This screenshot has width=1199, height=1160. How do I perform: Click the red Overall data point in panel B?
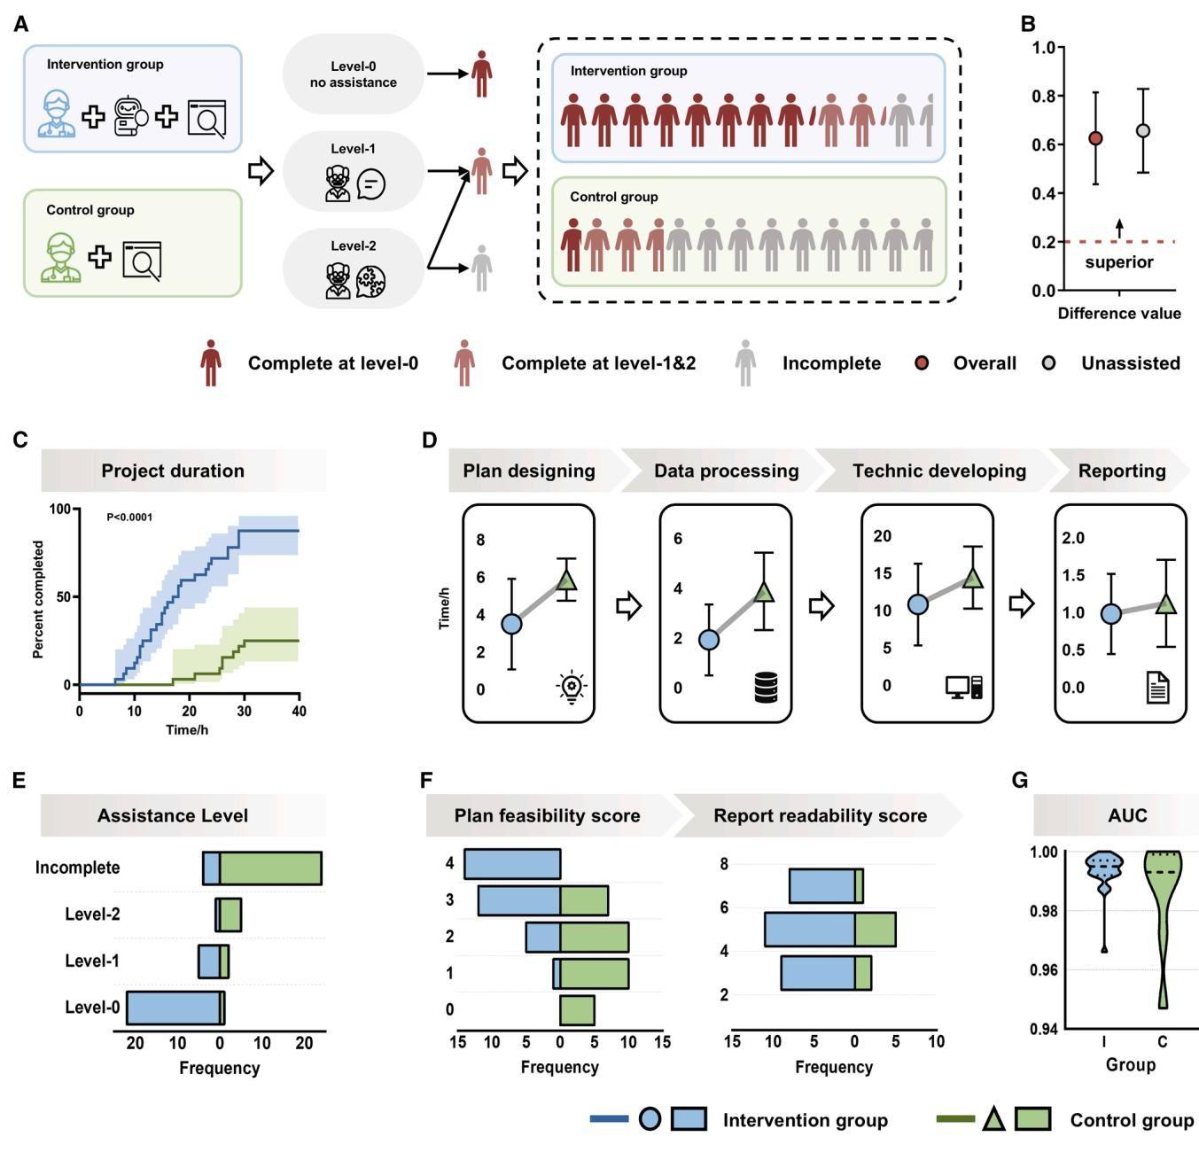click(x=1095, y=138)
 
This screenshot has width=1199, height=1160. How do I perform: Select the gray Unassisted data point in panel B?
click(x=1143, y=131)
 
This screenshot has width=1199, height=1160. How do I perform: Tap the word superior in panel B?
click(x=1119, y=262)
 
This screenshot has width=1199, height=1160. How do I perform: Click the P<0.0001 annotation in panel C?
click(x=129, y=517)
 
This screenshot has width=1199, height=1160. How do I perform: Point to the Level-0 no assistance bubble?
click(x=353, y=74)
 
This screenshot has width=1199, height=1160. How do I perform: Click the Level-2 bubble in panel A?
click(x=353, y=269)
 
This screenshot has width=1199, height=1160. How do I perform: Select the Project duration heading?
click(x=173, y=471)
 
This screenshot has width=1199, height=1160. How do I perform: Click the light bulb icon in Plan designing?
click(x=572, y=687)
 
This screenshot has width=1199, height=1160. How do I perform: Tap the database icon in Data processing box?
click(x=767, y=688)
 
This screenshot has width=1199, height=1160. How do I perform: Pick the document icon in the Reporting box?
click(x=1157, y=688)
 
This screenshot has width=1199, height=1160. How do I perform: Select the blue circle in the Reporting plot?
click(x=1110, y=614)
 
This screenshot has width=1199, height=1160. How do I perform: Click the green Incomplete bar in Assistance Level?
click(x=270, y=868)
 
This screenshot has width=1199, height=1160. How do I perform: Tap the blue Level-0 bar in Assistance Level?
click(x=173, y=1008)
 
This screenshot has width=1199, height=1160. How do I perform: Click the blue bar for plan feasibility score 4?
click(x=512, y=864)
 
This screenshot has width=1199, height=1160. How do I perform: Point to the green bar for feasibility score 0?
click(x=577, y=1010)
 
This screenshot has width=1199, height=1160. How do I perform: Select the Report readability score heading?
click(x=820, y=816)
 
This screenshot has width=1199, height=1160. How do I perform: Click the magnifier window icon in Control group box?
click(x=142, y=261)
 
